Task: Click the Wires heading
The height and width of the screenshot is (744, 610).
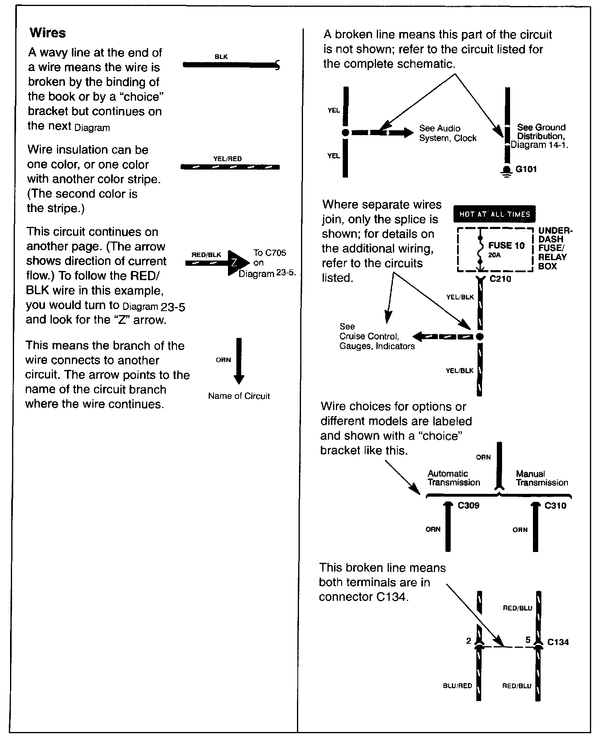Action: click(47, 33)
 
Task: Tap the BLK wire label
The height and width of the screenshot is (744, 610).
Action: click(221, 57)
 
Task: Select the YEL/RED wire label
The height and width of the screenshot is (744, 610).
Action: click(228, 159)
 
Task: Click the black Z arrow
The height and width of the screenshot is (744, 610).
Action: click(236, 263)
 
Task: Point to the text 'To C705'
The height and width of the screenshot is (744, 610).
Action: click(270, 253)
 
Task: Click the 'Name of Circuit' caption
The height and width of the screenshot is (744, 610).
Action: click(239, 396)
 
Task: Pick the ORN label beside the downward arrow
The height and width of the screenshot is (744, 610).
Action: click(223, 360)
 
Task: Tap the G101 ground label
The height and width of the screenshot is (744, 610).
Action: click(526, 169)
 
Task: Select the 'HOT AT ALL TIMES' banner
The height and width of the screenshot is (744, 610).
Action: click(494, 214)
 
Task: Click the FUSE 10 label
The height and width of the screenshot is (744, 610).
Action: click(506, 245)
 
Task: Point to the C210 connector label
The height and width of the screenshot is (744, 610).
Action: click(500, 279)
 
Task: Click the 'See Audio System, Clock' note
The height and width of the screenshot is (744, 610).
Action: click(447, 133)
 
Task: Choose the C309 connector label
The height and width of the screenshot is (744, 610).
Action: click(468, 505)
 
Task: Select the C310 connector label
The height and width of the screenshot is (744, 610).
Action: click(555, 505)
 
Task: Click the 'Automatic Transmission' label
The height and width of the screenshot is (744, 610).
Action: click(453, 478)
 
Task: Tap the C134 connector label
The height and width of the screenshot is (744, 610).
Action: click(558, 642)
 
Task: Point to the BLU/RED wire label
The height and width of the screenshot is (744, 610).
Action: click(457, 686)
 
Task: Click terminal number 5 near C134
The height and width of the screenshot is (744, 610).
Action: click(528, 640)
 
